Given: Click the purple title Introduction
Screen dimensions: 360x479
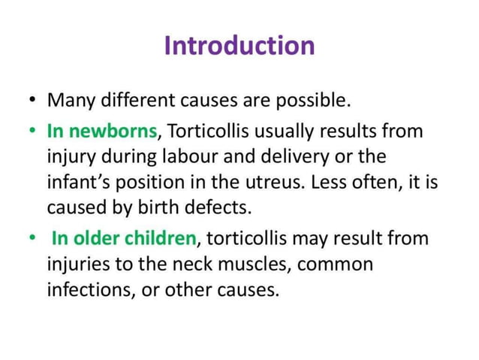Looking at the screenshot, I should [239, 45].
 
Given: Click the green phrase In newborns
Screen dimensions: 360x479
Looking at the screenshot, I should [102, 132].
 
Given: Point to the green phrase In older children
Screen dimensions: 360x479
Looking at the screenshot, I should [123, 240].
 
